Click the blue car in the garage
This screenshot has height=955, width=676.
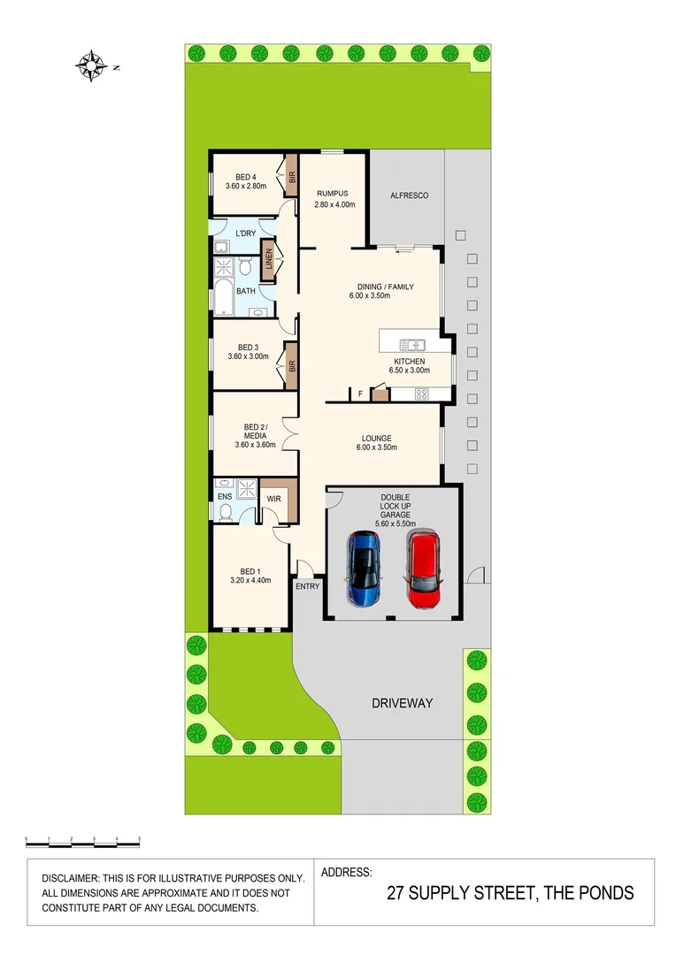tap(365, 569)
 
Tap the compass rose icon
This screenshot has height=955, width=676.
tap(91, 64)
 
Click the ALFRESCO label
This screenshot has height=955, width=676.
tap(409, 195)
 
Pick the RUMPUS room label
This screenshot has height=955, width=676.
tap(332, 194)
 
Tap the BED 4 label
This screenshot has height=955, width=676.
tap(245, 176)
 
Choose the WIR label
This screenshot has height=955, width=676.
tap(273, 499)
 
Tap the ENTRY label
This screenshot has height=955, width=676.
tap(307, 586)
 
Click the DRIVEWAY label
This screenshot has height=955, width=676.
tap(402, 703)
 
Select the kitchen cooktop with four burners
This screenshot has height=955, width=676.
tap(421, 393)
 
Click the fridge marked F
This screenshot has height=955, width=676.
tap(360, 393)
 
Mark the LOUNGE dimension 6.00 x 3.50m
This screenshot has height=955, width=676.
tap(376, 449)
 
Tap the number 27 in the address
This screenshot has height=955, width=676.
tap(396, 893)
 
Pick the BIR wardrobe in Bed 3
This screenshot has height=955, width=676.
tap(290, 364)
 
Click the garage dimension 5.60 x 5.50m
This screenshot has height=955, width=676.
tap(395, 523)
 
